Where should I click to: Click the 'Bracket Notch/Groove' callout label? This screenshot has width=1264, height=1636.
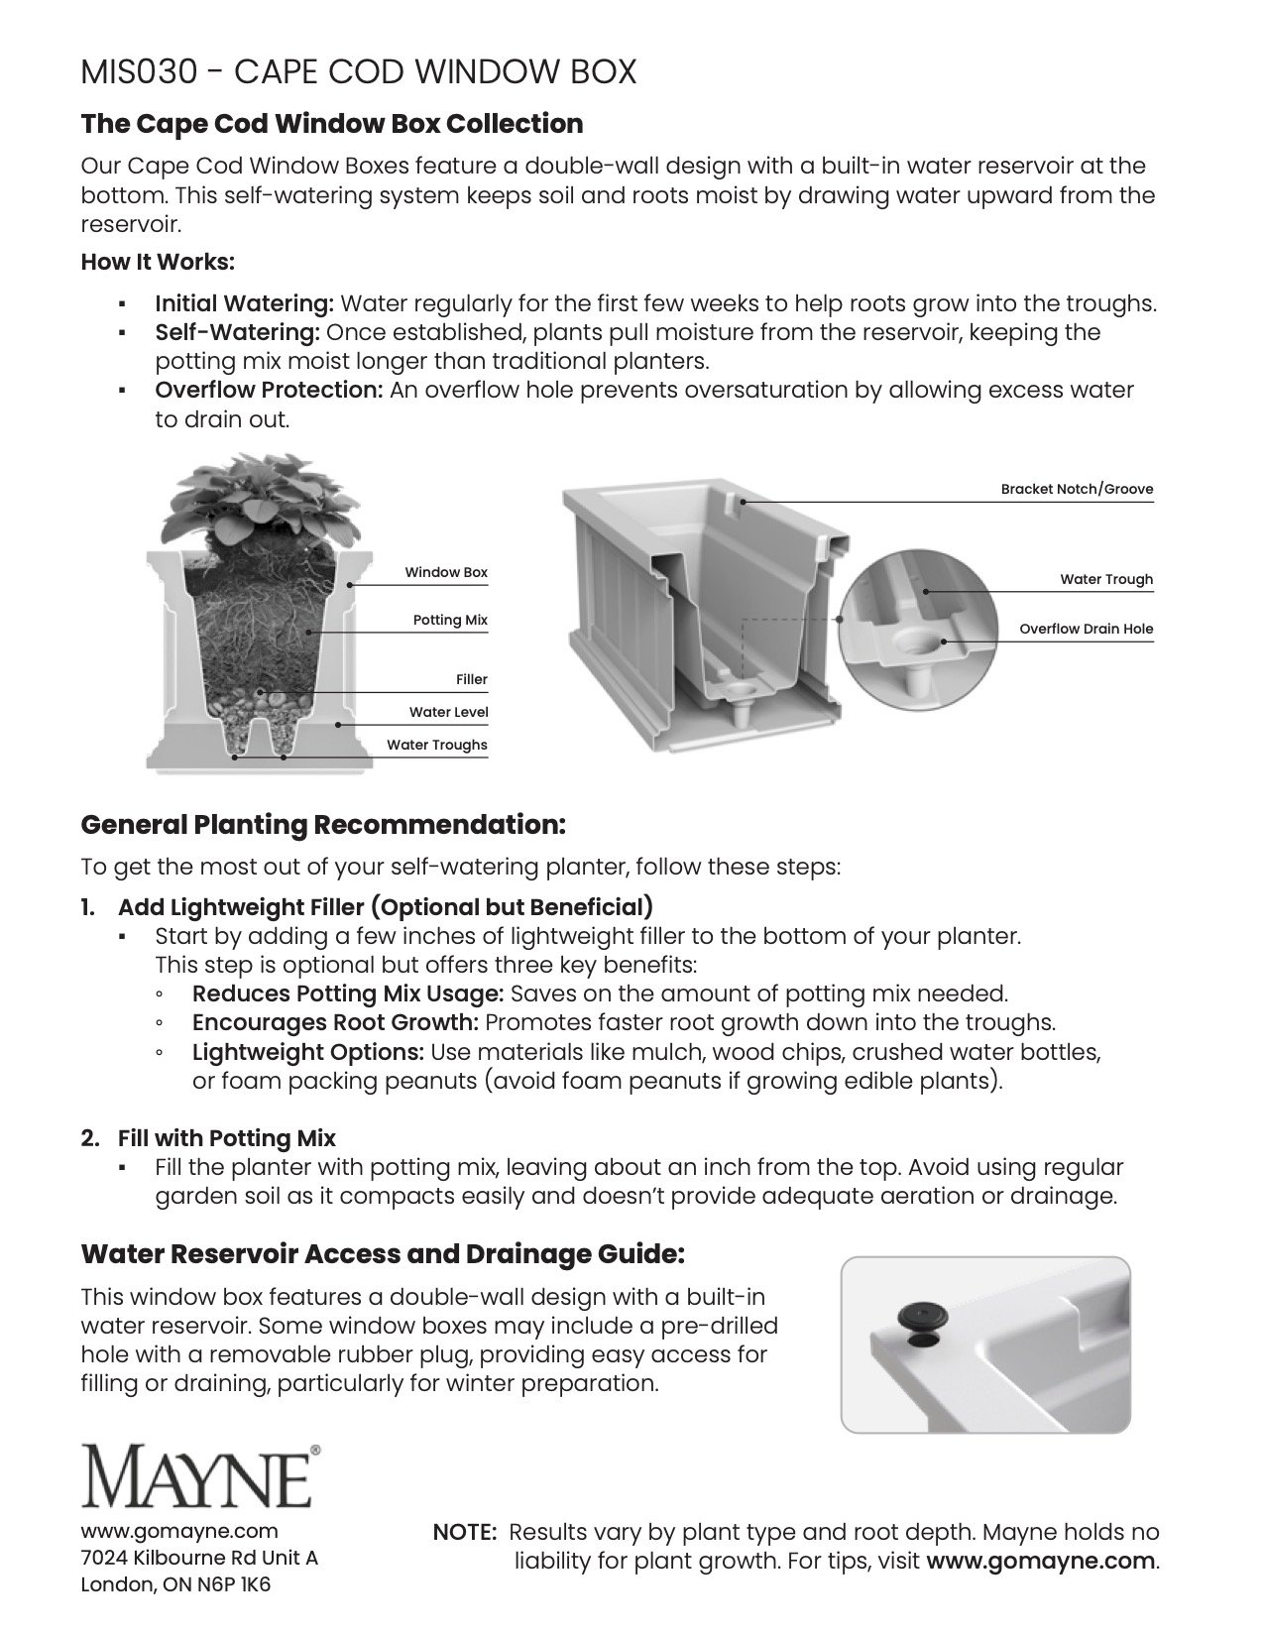coord(1077,489)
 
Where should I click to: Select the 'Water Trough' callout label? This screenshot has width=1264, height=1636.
coord(1106,579)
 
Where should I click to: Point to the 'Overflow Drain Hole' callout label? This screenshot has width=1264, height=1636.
coord(1086,629)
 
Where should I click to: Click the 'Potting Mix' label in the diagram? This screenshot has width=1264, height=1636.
coord(450,620)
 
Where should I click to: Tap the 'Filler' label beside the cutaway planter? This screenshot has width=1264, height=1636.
coord(472,679)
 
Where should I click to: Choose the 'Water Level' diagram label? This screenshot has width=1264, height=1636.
coord(448,712)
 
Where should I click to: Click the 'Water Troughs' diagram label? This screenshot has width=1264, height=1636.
coord(437,745)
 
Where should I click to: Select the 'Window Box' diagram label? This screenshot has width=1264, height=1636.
coord(446,572)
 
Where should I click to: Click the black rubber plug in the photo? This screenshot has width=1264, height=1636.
coord(922,1316)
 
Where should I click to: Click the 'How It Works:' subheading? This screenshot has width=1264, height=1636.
coord(158,263)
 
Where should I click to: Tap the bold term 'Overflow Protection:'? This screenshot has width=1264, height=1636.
coord(269,390)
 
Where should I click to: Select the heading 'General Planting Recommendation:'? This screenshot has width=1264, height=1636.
coord(323,824)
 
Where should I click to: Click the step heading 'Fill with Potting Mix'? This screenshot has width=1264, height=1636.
coord(227,1137)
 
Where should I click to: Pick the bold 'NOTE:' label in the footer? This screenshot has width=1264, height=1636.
coord(465,1532)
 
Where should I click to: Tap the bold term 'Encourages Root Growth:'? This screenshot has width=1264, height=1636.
coord(336,1022)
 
